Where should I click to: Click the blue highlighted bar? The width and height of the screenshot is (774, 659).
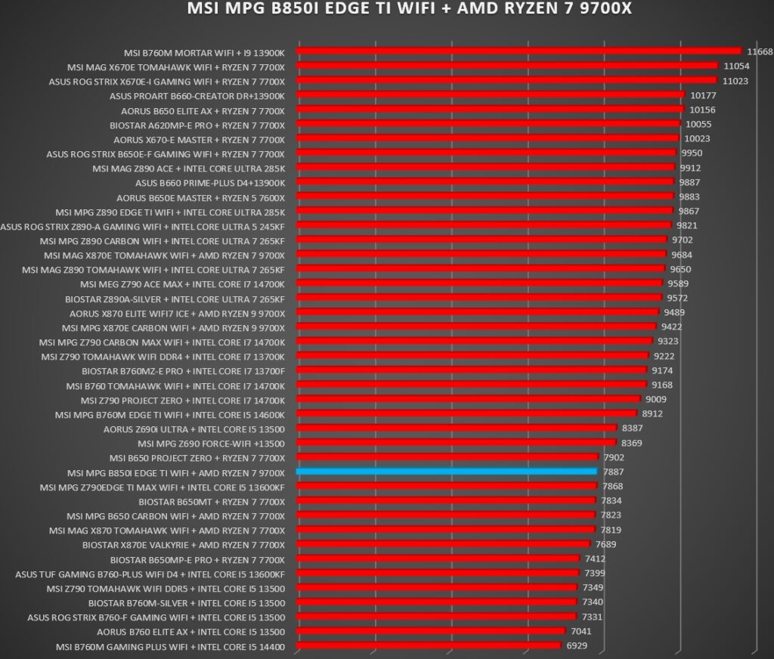[x=447, y=472]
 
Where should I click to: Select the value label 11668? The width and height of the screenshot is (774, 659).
[x=760, y=52]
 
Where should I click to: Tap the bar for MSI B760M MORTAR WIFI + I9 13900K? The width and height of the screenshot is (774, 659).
[x=519, y=51]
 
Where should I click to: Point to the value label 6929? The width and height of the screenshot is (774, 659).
[x=577, y=645]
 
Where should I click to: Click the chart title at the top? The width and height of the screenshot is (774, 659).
[x=409, y=8]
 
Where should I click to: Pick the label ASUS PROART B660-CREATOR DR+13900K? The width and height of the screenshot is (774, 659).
[x=197, y=96]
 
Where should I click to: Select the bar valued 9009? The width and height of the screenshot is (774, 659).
[x=469, y=399]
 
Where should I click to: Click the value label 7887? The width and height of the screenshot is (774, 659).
[x=613, y=472]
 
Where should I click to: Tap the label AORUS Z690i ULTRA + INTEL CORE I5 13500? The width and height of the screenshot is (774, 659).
[x=194, y=429]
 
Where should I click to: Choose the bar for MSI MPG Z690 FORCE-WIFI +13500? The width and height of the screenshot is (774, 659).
[x=457, y=442]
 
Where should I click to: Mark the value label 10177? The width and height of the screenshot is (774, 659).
[x=703, y=95]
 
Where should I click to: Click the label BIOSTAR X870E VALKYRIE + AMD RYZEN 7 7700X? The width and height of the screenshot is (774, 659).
[x=184, y=546]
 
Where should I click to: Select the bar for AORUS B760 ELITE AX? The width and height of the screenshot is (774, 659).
[x=431, y=631]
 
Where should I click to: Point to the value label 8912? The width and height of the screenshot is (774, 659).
[x=652, y=413]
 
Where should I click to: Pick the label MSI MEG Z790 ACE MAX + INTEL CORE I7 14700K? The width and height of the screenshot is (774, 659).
[x=182, y=285]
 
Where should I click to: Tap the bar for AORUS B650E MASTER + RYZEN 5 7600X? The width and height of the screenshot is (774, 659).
[x=485, y=196]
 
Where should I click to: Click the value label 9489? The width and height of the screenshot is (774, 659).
[x=674, y=312]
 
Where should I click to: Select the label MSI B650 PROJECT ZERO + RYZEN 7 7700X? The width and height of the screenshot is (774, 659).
[x=197, y=459]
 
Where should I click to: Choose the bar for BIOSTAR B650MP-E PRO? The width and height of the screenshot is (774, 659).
[x=438, y=558]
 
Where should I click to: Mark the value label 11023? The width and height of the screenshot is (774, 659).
[x=735, y=81]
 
